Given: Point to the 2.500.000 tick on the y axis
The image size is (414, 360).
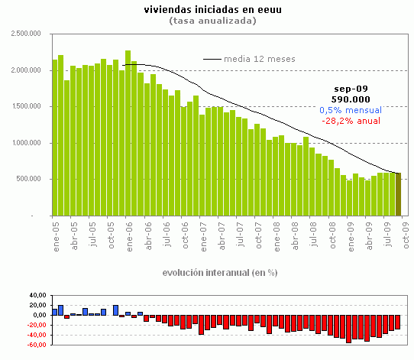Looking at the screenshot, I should pyautogui.click(x=25, y=34).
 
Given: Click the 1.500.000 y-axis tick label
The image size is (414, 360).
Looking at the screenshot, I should pyautogui.click(x=25, y=106).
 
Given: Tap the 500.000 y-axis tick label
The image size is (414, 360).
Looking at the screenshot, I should pyautogui.click(x=30, y=179).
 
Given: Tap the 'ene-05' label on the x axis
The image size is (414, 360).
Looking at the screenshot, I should pyautogui.click(x=56, y=231).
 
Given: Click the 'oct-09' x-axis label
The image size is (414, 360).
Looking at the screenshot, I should pyautogui.click(x=404, y=231).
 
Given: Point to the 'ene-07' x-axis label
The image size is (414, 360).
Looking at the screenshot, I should pyautogui.click(x=202, y=231).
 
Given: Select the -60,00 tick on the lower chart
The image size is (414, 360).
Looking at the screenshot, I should pyautogui.click(x=36, y=345).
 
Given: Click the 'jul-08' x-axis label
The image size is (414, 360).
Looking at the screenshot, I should pyautogui.click(x=312, y=231).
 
